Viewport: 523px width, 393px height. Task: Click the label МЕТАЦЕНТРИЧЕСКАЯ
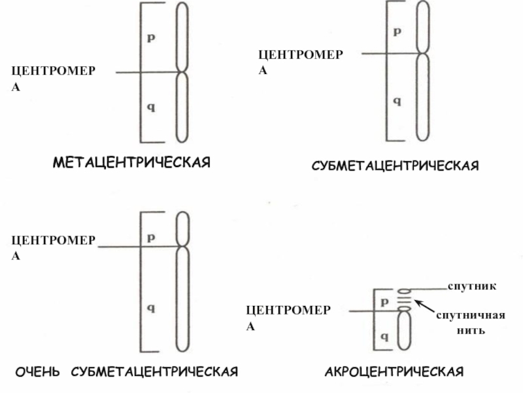tap(131, 161)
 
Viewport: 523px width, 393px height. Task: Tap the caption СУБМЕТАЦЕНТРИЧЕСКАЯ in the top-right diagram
tap(395, 166)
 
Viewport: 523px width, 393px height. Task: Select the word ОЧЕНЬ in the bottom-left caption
tap(39, 372)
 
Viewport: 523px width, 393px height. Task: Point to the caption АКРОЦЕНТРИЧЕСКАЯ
tap(394, 372)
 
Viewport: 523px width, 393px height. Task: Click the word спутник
tap(471, 286)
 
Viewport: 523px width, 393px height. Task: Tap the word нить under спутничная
tap(471, 330)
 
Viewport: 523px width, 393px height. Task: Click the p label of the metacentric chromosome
tap(150, 38)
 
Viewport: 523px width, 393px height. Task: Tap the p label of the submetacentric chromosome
tap(396, 31)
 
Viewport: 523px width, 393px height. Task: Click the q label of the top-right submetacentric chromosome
tap(396, 102)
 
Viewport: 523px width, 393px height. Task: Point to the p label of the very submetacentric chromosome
tap(150, 237)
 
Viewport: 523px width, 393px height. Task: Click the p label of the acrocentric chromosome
tap(384, 302)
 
